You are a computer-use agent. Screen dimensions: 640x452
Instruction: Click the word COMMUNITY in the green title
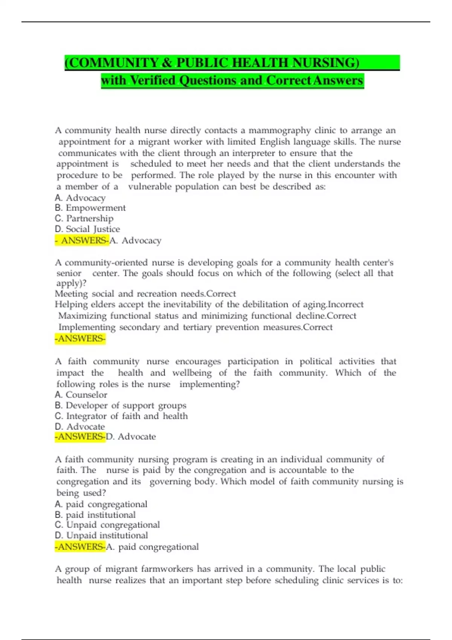click(x=113, y=62)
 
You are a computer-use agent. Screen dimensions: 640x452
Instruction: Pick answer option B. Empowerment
click(x=90, y=208)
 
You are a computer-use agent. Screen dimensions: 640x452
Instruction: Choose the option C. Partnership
click(x=84, y=218)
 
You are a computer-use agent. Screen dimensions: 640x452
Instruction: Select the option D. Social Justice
click(x=87, y=229)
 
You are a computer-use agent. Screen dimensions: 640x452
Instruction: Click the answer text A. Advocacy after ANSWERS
click(x=136, y=241)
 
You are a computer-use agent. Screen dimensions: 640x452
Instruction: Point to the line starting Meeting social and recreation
click(x=145, y=294)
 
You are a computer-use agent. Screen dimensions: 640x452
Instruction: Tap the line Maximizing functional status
click(x=207, y=315)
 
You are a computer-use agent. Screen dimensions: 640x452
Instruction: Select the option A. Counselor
click(x=81, y=395)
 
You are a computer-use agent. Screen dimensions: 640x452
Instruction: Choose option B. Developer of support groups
click(x=121, y=405)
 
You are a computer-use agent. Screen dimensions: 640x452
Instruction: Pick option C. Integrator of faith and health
click(x=121, y=416)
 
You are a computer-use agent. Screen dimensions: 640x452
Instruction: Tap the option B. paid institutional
click(x=95, y=515)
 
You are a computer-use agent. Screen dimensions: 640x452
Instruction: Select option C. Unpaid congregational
click(x=107, y=525)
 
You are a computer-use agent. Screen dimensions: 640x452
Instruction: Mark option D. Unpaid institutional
click(x=101, y=535)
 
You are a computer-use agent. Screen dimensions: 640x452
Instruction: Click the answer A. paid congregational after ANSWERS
click(x=153, y=547)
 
